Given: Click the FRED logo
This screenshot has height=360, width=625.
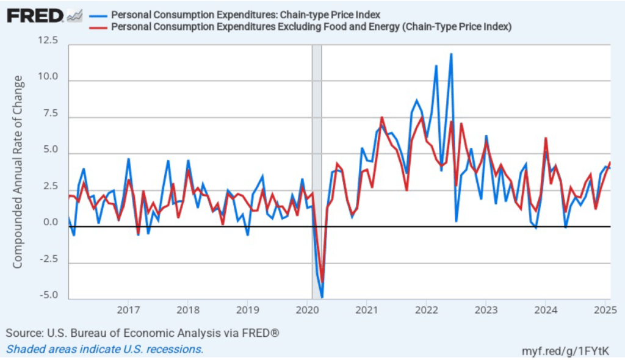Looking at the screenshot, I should click(35, 15).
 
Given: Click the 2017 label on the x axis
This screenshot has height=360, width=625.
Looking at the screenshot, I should click(128, 310).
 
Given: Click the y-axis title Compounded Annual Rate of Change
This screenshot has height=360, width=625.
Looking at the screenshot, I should click(18, 171).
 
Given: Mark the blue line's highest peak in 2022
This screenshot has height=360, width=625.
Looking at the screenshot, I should click(451, 54).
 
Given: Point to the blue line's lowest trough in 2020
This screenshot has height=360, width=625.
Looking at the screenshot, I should click(322, 297).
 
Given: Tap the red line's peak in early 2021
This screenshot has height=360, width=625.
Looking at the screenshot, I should click(381, 117).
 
